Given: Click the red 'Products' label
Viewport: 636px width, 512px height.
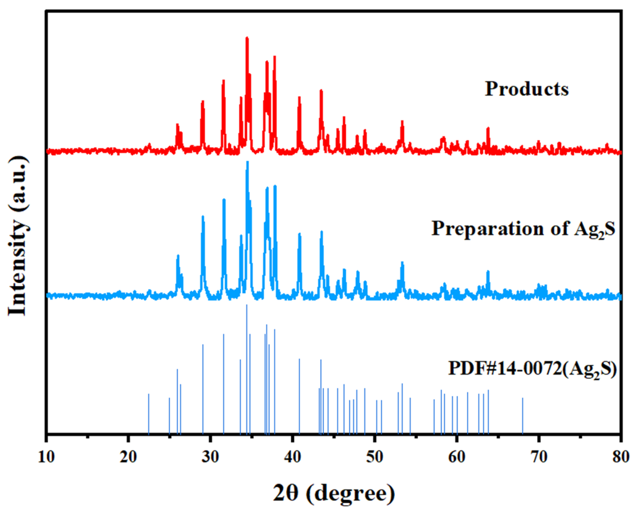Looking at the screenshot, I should [x=527, y=89].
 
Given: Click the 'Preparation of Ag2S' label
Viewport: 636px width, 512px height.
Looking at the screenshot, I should [x=523, y=228].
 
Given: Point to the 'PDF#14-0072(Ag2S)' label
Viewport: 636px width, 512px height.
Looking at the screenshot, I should [x=532, y=369].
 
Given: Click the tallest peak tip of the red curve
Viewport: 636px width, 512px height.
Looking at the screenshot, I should [x=247, y=38].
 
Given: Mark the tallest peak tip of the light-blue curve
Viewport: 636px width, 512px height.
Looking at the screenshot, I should [x=248, y=162].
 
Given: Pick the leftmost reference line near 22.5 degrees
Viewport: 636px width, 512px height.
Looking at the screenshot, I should [x=149, y=413].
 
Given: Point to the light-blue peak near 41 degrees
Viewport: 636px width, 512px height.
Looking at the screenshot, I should [x=300, y=234].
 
